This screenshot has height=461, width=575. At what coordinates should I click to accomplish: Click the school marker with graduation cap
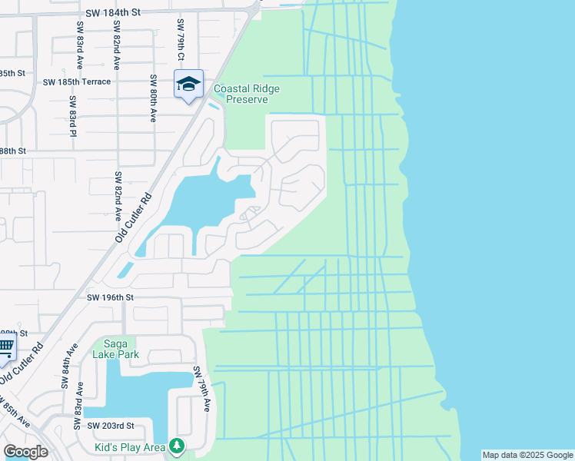point(188,85)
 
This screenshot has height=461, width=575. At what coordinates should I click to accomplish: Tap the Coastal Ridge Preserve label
point(246,95)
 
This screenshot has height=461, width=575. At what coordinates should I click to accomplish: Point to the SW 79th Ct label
point(181,41)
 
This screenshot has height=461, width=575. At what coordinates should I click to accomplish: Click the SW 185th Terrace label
point(77,81)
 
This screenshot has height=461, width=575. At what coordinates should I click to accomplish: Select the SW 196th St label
point(110,297)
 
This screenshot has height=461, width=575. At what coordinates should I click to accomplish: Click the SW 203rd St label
point(110,426)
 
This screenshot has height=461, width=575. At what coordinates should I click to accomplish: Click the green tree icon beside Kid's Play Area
point(178,446)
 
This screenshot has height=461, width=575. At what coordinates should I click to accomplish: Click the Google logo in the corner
point(25,452)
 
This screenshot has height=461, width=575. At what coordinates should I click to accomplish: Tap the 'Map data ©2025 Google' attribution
point(527,455)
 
